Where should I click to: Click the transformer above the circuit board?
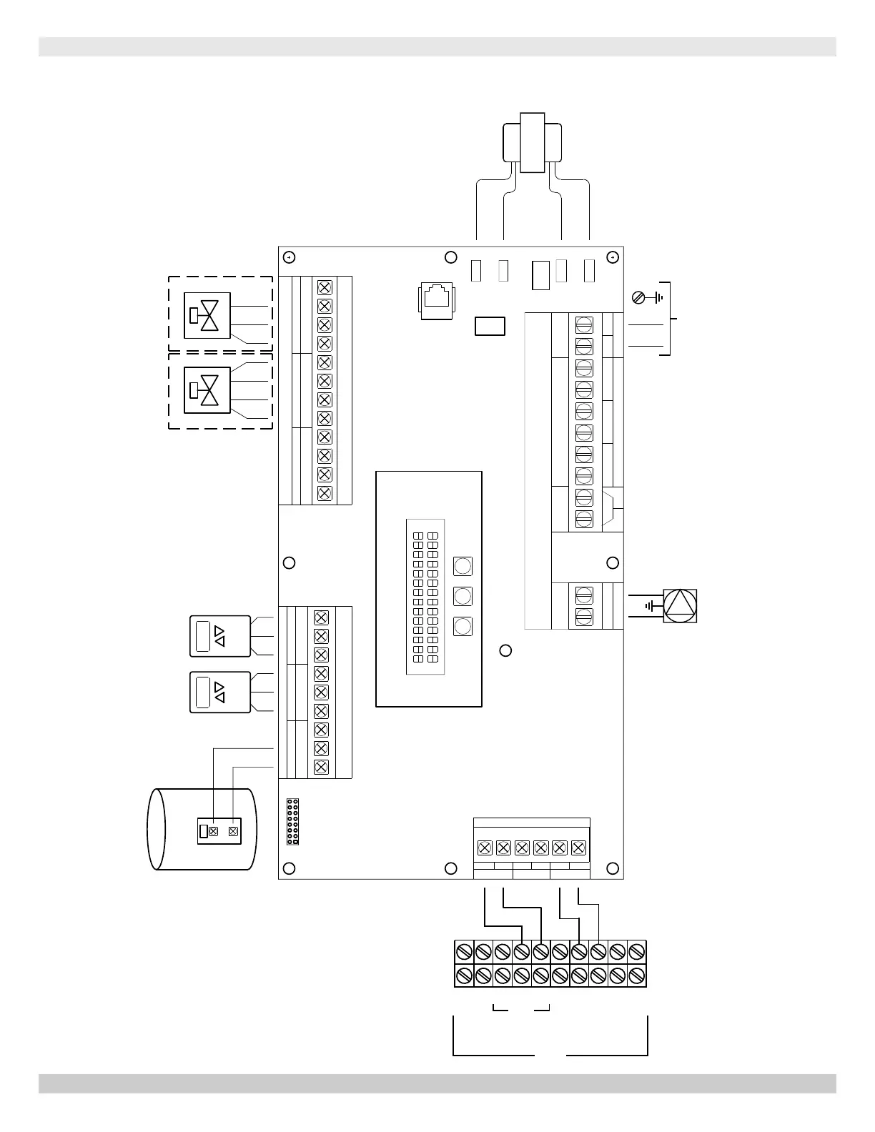532,143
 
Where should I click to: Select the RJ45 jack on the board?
436,300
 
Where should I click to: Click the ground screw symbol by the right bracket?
640,297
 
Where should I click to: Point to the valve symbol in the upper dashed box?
207,315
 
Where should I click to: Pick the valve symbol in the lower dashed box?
207,390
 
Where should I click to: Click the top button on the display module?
463,567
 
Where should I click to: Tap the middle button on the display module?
463,596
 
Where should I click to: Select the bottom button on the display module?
463,626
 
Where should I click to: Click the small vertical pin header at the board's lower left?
292,822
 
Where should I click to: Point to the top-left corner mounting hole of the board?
289,257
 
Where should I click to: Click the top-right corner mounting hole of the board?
613,257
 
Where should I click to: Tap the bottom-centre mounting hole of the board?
451,868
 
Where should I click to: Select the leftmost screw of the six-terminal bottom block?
484,848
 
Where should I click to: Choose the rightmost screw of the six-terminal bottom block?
579,848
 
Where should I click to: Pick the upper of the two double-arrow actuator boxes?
220,636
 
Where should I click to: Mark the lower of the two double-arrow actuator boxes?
220,692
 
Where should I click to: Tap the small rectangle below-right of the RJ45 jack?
490,326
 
